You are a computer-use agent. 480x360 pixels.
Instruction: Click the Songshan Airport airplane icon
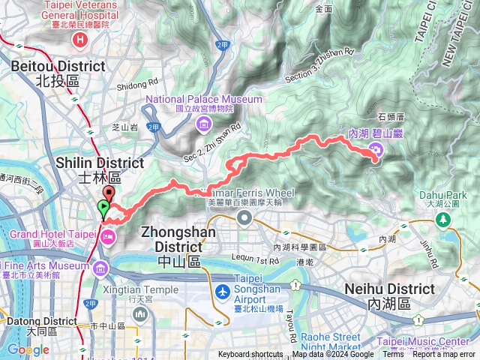point(223,291)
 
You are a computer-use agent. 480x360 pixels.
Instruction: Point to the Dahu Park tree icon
point(443,219)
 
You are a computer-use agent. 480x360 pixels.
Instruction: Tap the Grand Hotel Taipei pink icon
point(107,237)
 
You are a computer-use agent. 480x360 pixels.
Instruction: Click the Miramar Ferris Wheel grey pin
point(244,217)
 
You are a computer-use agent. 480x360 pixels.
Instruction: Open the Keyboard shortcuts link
point(251,355)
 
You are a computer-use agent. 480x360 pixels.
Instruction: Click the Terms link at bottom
point(392,355)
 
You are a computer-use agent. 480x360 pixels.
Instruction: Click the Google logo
point(28,349)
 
